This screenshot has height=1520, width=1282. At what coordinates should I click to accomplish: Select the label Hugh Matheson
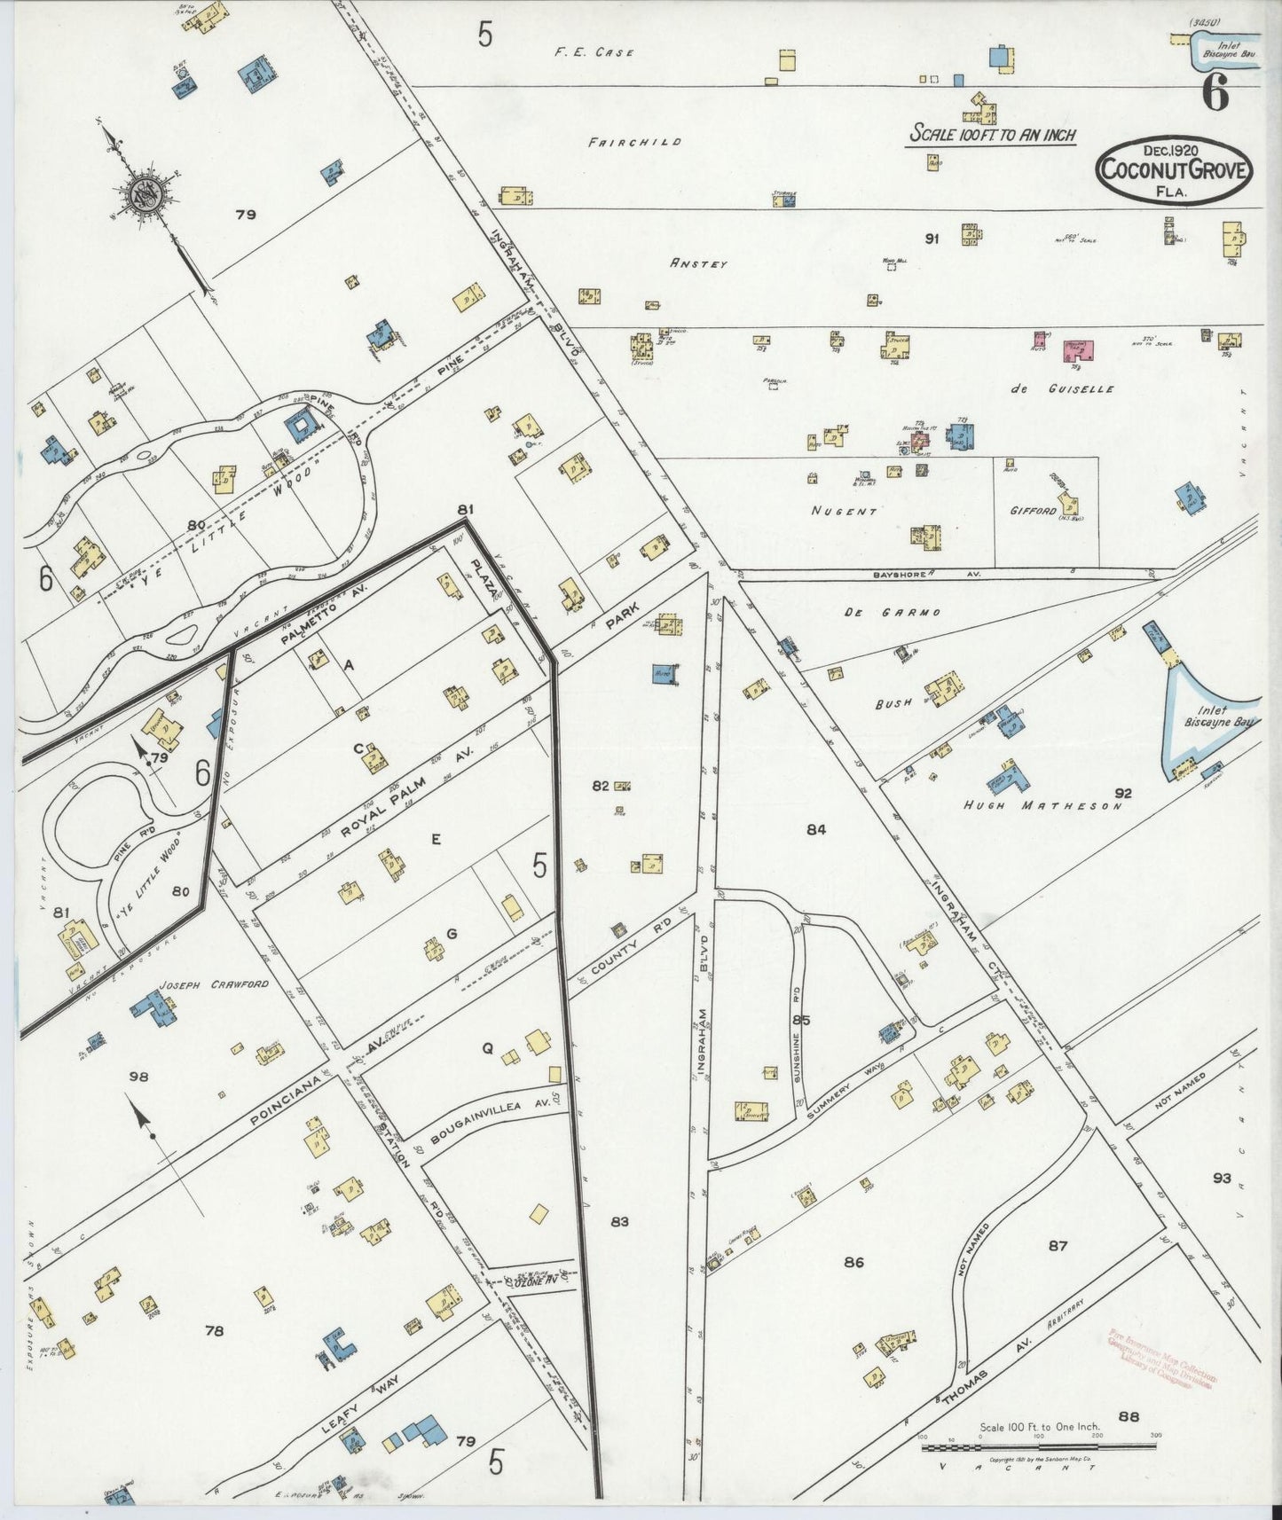click(x=1043, y=806)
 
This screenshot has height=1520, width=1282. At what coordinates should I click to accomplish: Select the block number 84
click(x=816, y=829)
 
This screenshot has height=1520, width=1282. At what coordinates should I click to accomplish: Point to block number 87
click(x=1057, y=1246)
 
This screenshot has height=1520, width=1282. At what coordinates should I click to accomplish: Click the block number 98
click(x=138, y=1077)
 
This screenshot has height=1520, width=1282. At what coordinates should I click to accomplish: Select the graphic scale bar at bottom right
click(x=1038, y=1448)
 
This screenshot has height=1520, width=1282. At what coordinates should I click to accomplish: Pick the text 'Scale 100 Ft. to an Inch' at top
click(x=993, y=135)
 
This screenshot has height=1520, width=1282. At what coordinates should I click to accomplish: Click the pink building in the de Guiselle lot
click(x=1078, y=350)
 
